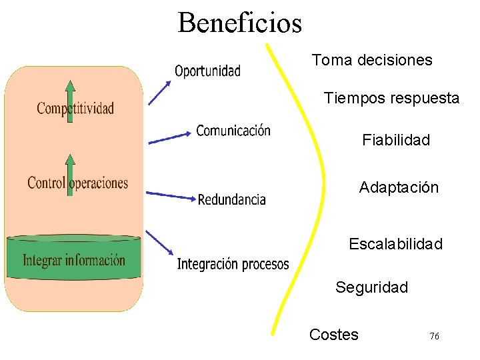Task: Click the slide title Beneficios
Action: coord(239,23)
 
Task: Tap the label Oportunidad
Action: coord(207,71)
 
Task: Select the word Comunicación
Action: coord(233,131)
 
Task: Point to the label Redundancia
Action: coord(232,199)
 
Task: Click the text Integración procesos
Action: coord(233,265)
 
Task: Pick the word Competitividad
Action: coord(75,108)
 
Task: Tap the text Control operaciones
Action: coord(77,183)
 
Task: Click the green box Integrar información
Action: coord(73,259)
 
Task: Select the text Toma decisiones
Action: coord(372,60)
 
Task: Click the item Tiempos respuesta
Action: coord(391,99)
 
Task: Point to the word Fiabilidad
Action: coord(396,140)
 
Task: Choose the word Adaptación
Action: coord(399,188)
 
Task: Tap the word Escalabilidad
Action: coord(395,244)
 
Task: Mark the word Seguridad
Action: coord(371,287)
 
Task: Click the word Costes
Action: coord(333,335)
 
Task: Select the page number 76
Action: coord(434,337)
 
